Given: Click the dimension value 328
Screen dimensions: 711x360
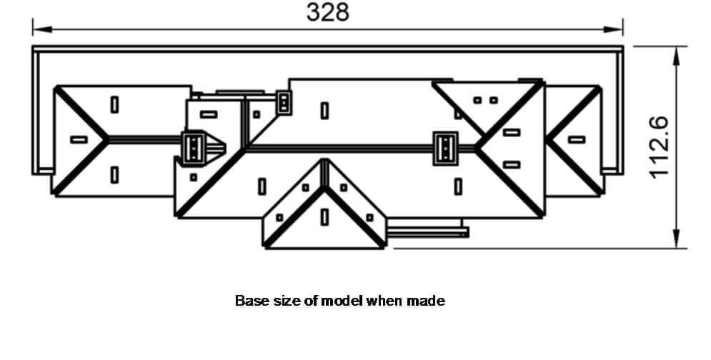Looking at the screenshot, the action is [x=328, y=12].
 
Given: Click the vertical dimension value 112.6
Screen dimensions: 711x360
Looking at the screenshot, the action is [x=658, y=147].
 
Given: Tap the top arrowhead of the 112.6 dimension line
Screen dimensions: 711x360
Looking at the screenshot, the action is [x=677, y=56].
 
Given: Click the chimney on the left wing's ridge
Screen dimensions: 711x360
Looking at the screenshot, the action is [x=194, y=147].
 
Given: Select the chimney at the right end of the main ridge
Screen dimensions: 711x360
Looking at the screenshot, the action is [x=445, y=149].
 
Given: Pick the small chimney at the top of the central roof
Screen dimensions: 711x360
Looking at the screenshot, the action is [x=284, y=103].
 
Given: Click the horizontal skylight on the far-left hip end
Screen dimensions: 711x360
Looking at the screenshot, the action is [x=79, y=140].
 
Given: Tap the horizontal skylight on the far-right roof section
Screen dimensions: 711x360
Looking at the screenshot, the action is [x=577, y=140].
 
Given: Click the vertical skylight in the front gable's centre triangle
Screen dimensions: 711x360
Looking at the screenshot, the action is [x=324, y=217].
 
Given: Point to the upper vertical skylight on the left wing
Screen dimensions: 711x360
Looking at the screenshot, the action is [x=115, y=105].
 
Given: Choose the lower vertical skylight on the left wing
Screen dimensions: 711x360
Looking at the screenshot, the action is [x=115, y=175].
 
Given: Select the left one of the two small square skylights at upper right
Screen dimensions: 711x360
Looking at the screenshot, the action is [x=477, y=100].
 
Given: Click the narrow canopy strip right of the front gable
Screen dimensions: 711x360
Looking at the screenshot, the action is [x=427, y=233].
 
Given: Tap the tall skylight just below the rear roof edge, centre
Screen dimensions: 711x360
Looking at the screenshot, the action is [x=324, y=111].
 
